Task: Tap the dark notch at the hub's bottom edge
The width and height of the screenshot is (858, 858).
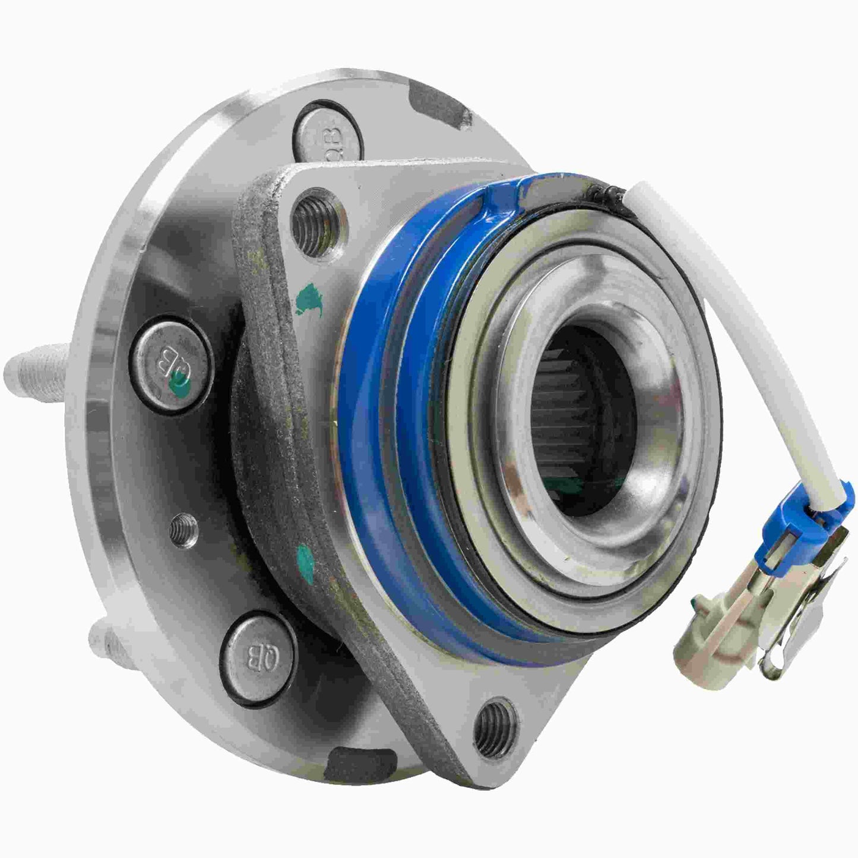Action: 350,759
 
